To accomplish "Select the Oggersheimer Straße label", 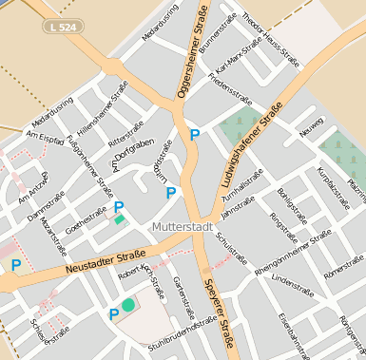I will (192, 52).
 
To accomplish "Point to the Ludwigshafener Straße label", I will (249, 150).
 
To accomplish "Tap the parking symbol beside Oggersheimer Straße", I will (195, 135).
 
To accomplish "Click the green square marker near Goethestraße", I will (120, 219).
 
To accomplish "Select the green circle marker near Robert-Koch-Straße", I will (128, 304).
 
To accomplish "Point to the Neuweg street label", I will (312, 131).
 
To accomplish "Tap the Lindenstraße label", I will (292, 281).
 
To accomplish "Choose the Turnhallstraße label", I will (241, 183).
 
